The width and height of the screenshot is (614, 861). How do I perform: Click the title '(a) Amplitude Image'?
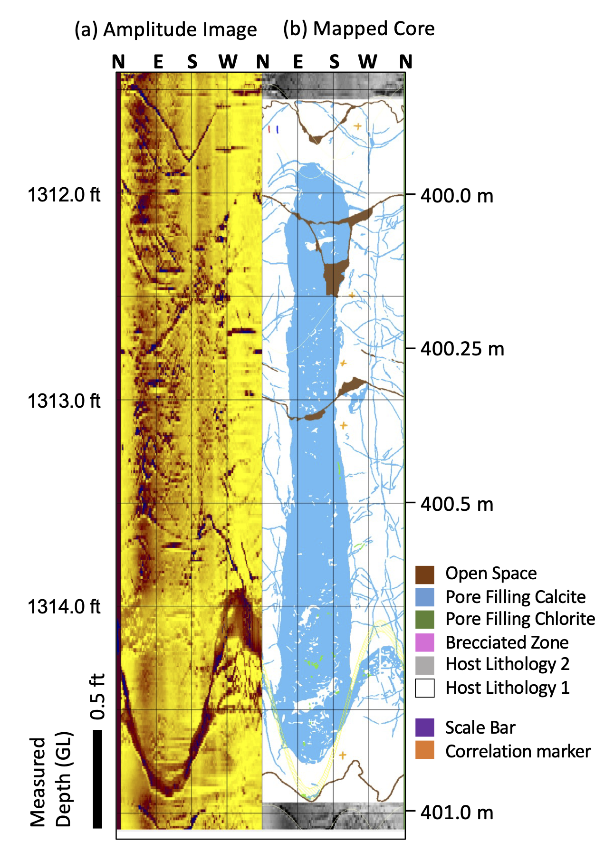(165, 30)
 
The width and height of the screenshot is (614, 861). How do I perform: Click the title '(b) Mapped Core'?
(359, 29)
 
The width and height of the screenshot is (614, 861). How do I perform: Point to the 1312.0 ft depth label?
(64, 195)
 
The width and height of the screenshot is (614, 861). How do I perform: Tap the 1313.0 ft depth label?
(64, 401)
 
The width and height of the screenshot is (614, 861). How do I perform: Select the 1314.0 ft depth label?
(64, 607)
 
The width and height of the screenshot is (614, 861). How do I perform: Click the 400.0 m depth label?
(457, 195)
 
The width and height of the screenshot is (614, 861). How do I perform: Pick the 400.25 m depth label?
(462, 349)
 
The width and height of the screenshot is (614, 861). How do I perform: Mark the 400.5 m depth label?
(457, 504)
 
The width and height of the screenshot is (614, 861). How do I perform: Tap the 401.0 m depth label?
(457, 813)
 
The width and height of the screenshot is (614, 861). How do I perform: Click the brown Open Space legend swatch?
(424, 574)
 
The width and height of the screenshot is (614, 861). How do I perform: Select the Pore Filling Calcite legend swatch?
(424, 597)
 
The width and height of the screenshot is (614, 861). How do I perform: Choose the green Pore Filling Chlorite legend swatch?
(424, 620)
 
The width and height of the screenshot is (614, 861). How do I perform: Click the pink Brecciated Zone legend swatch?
(424, 642)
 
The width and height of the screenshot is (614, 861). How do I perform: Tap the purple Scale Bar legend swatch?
(424, 727)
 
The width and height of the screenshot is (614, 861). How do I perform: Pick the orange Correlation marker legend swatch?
(424, 750)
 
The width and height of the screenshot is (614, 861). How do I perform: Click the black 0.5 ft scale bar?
(97, 779)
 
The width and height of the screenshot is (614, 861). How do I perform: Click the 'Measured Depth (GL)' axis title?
(50, 779)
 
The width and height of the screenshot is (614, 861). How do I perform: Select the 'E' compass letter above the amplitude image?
(158, 62)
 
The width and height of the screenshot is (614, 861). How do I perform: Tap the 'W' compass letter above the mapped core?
(368, 62)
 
